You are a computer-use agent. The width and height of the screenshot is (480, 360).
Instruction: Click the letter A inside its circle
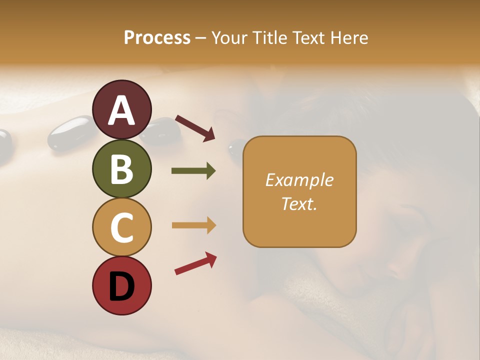point(122,110)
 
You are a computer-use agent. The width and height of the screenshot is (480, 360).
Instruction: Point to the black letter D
point(122,287)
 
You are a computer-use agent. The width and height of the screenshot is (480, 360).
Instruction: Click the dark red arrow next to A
point(195,127)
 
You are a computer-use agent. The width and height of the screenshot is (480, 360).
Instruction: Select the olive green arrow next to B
point(193,171)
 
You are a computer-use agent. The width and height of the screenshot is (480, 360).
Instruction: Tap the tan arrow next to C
point(193,225)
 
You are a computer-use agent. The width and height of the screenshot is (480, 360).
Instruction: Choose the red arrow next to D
point(195,263)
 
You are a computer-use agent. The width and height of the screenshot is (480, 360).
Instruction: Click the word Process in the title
point(157,37)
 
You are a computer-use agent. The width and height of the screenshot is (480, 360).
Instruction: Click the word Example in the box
point(299,180)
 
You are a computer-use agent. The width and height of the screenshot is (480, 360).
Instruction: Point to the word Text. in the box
point(299,203)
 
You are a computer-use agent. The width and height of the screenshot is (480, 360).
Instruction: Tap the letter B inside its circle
point(122,169)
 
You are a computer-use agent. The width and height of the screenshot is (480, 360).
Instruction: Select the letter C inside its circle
point(122,227)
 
